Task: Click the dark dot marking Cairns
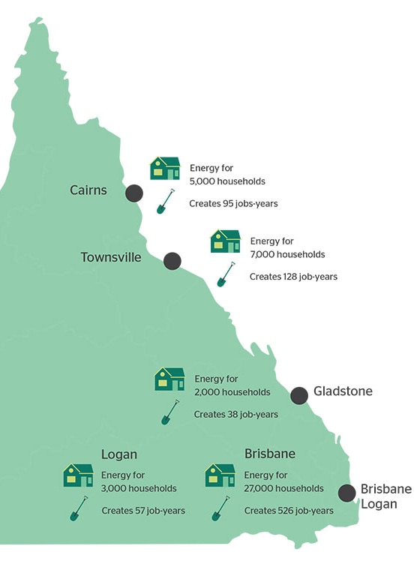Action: tap(134, 193)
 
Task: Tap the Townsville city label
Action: tap(111, 257)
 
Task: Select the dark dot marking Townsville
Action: tap(172, 261)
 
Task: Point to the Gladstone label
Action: tap(343, 391)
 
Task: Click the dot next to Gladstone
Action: tap(299, 396)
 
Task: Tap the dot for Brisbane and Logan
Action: tap(346, 493)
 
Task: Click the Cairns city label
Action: tap(88, 190)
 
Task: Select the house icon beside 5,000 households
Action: tap(165, 168)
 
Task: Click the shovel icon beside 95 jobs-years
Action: tap(166, 202)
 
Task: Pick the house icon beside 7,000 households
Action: tap(226, 241)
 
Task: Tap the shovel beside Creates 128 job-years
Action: tap(226, 274)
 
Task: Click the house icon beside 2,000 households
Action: tap(169, 379)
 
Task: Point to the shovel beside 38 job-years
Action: tap(170, 412)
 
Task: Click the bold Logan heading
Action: tap(119, 454)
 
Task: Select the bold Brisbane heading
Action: tap(270, 454)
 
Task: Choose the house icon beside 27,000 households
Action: tap(220, 475)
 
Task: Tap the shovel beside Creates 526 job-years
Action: tap(220, 508)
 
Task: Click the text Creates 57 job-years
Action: tap(143, 511)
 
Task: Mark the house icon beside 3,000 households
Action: tap(78, 475)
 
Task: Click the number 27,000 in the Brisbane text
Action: tap(256, 488)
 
